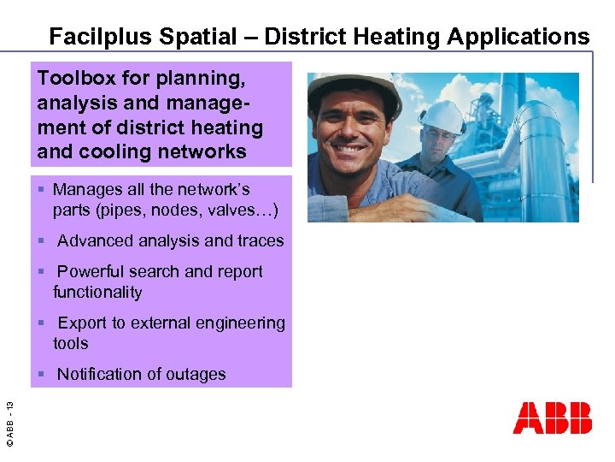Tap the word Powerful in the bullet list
[x=92, y=271]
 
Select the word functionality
[x=97, y=292]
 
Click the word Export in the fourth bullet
[x=82, y=323]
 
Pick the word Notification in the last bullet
[x=102, y=374]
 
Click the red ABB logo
[x=552, y=418]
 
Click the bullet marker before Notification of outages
[x=41, y=375]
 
